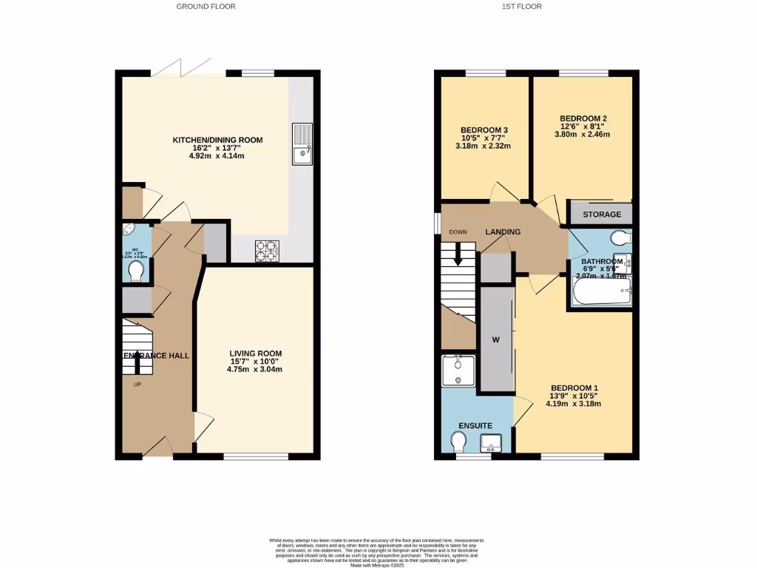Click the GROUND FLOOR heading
point(206,7)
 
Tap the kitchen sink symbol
point(302,143)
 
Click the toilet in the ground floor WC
point(135,273)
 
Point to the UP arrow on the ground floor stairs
point(137,362)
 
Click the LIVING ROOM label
point(255,354)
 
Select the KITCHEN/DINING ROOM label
point(217,140)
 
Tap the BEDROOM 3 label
point(484,129)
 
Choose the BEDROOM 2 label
point(583,118)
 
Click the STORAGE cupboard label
point(602,215)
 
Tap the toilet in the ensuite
point(459,442)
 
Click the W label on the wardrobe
point(496,340)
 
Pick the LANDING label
point(503,231)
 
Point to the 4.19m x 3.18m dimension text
point(573,404)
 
